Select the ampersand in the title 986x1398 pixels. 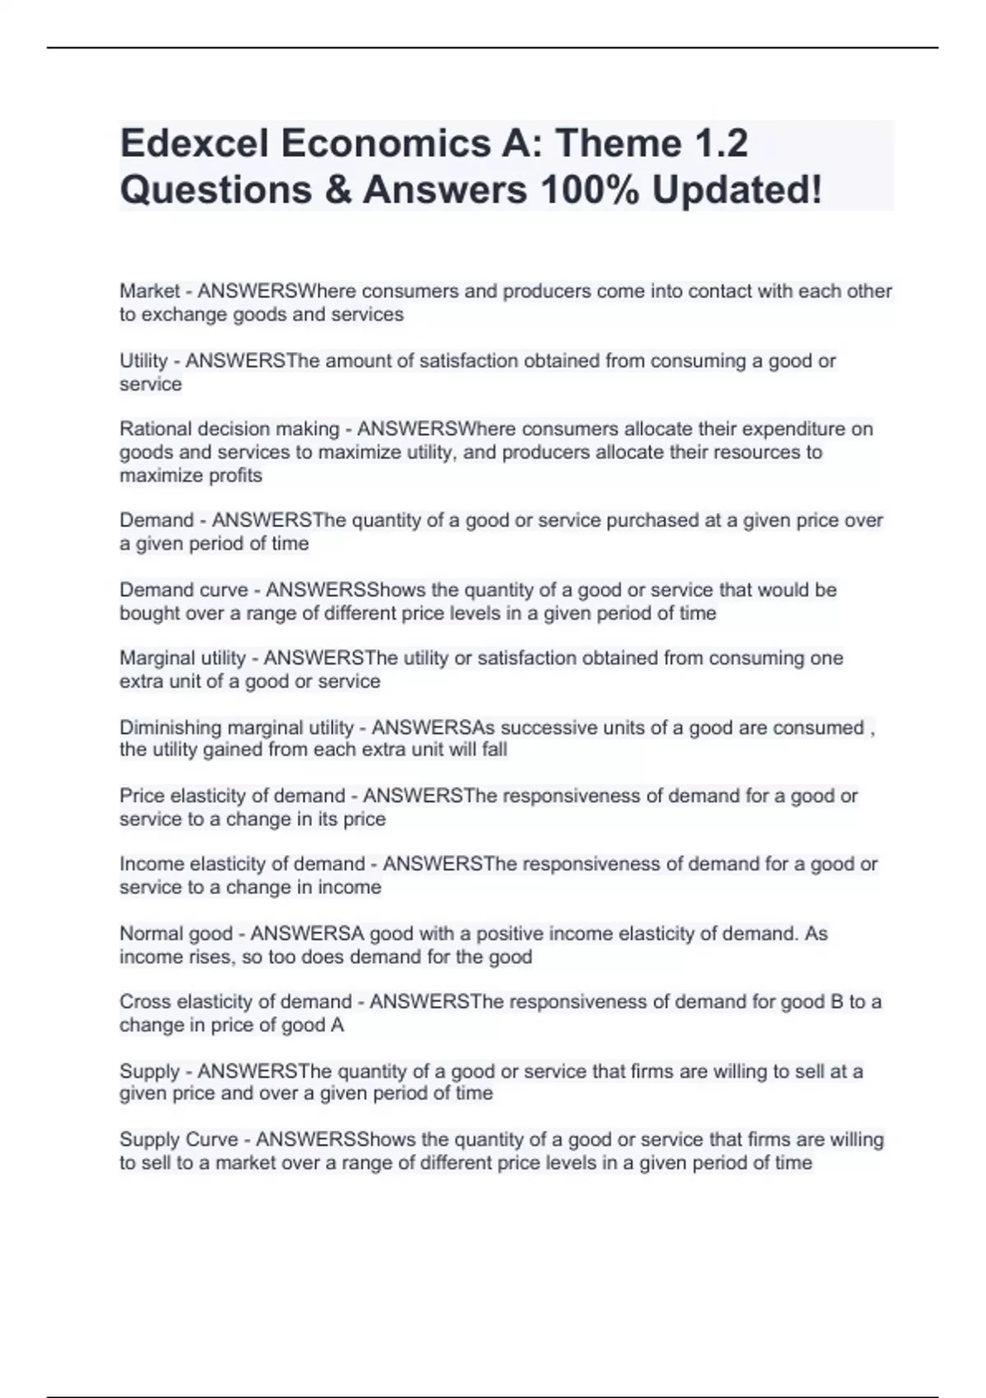338,190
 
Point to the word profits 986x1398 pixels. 236,475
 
